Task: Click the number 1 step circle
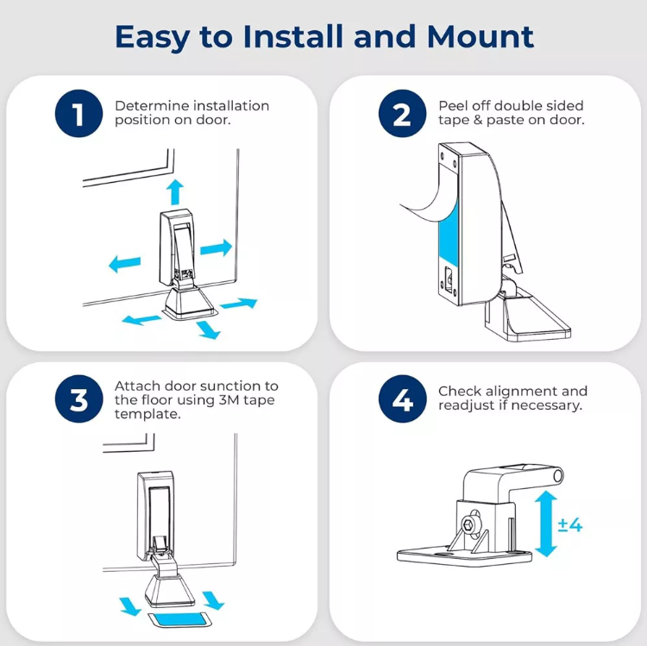click(x=79, y=114)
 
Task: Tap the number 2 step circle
click(x=402, y=114)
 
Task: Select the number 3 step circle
click(x=79, y=400)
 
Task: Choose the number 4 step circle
click(x=402, y=400)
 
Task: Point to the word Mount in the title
click(x=481, y=37)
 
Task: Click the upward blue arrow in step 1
click(x=175, y=191)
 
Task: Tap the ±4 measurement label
click(x=570, y=524)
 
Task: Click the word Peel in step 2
click(x=454, y=106)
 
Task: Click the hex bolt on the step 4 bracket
click(x=469, y=522)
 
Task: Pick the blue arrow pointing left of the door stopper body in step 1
click(x=124, y=263)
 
